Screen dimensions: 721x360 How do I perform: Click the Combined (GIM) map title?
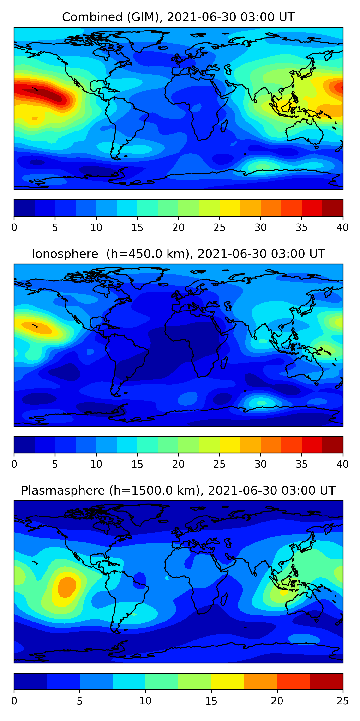[178, 17]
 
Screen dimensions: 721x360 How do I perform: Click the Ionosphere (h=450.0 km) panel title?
[178, 254]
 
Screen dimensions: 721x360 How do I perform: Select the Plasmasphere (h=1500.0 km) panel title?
[178, 491]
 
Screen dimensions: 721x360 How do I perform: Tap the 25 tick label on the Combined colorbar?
[219, 228]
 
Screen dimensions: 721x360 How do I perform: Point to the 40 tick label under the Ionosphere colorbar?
[342, 464]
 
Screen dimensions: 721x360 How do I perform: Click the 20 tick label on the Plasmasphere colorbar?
[277, 701]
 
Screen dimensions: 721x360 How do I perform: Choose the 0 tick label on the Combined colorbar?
[14, 228]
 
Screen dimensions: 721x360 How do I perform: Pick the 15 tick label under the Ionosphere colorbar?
[137, 464]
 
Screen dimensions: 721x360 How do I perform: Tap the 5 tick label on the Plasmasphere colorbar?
[80, 701]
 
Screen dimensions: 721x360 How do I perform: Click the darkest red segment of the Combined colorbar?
[333, 208]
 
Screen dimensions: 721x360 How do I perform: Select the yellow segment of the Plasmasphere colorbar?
[228, 681]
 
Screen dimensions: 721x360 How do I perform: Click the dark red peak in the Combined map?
[45, 93]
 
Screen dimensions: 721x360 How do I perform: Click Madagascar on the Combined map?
[224, 126]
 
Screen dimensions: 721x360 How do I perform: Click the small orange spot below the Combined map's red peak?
[35, 118]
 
